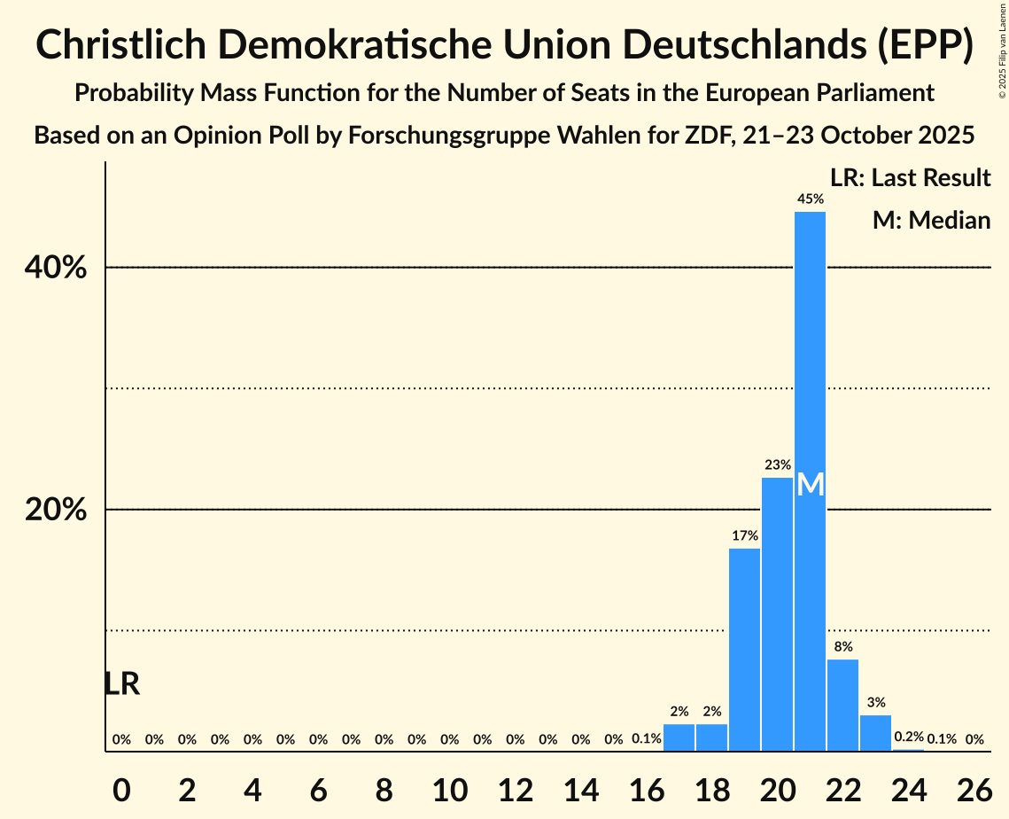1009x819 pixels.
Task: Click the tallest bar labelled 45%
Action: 810,399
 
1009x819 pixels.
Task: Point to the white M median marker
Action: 810,485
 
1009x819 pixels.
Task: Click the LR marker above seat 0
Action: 121,683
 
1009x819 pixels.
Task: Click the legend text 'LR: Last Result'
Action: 910,178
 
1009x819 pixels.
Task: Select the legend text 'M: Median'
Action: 931,220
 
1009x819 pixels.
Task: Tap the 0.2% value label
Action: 908,737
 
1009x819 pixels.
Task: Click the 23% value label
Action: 777,464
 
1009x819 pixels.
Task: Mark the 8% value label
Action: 842,647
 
